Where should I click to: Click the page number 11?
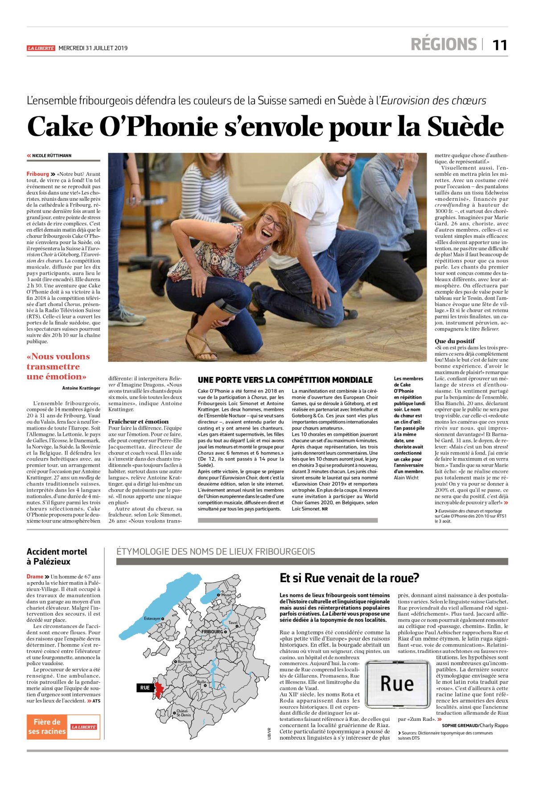point(500,45)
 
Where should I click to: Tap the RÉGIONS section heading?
point(443,45)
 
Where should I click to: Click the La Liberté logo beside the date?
point(41,48)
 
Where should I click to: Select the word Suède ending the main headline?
point(465,127)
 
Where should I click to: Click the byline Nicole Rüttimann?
point(51,156)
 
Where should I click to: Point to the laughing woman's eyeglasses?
point(272,222)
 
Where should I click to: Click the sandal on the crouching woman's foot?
point(201,346)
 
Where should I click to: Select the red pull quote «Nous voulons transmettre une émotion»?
point(58,366)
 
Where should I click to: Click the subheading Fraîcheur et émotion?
point(138,421)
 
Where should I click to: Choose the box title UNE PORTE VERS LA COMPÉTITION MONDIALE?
point(285,380)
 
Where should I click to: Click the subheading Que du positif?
point(454,341)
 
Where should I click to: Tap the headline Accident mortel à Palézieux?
point(57,556)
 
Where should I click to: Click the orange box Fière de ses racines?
point(47,726)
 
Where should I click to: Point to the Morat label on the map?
point(226,595)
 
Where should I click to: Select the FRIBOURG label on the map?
point(212,632)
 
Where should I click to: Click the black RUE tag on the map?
point(145,687)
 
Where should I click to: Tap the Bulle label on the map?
point(202,682)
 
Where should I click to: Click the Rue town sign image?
point(396,683)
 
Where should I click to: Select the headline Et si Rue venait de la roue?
point(349,578)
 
